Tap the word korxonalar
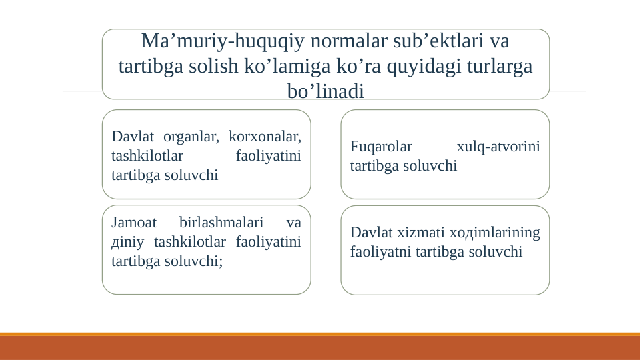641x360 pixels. tap(264, 137)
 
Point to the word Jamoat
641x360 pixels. tap(133, 222)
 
